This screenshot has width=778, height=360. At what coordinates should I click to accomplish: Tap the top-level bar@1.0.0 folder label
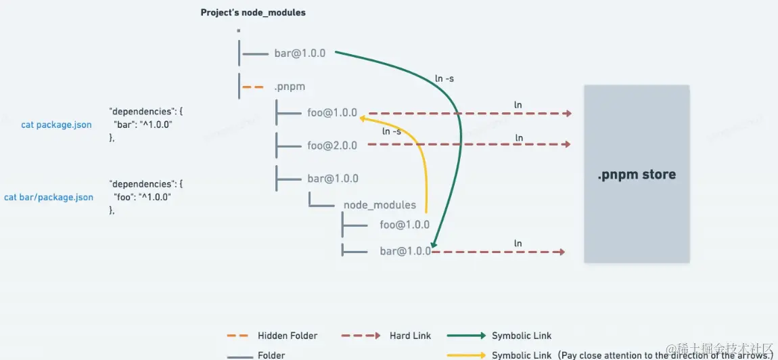[300, 53]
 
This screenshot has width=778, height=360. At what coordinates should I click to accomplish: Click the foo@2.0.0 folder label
[332, 145]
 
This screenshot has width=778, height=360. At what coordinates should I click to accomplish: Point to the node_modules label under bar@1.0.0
[380, 204]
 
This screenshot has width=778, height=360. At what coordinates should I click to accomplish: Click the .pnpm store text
[636, 175]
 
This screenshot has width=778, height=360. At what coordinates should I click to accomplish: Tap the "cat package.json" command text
[56, 125]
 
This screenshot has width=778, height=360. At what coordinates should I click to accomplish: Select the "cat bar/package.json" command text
[49, 198]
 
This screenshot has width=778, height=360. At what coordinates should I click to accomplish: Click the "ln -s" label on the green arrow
[444, 78]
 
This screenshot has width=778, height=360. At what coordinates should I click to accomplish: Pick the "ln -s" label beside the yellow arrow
[392, 131]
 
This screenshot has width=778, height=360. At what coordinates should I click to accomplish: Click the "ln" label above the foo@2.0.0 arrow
[519, 138]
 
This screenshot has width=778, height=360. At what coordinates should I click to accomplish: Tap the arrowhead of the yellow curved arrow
[363, 118]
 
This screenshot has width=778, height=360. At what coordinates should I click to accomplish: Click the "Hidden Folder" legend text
[288, 336]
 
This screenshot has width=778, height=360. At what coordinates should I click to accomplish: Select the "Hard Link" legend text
[410, 336]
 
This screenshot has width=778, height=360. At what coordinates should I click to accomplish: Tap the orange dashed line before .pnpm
[253, 87]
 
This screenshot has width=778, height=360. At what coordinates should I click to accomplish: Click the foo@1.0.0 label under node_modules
[405, 225]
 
